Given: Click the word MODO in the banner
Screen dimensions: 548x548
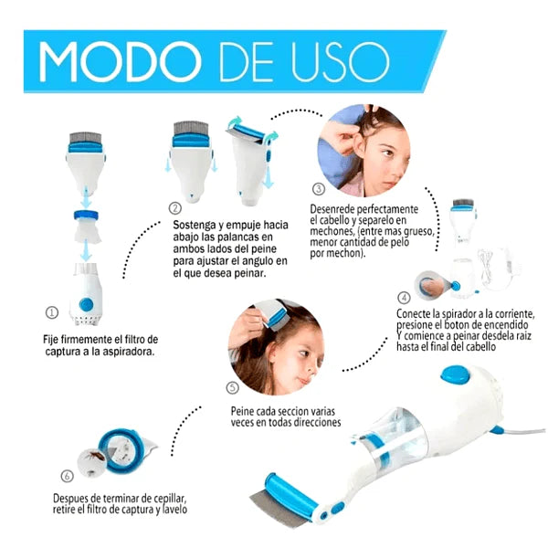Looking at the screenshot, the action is tap(121, 62).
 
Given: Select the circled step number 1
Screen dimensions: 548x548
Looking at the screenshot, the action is tap(52, 312).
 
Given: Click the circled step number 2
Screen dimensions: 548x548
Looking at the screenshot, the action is tap(175, 208).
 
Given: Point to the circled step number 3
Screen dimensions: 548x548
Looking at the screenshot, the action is tap(319, 189).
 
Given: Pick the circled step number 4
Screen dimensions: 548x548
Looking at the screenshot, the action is tap(404, 298).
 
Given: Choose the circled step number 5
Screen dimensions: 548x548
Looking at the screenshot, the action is tap(233, 387).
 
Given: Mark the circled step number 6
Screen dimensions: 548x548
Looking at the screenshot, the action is tap(67, 476).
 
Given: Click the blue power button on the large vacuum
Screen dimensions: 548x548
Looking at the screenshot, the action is tap(456, 374).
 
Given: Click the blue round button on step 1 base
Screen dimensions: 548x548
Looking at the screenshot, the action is tap(86, 304).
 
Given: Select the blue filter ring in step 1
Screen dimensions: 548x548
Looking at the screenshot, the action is tap(86, 215).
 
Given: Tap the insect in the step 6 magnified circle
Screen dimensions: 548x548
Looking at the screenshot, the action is tap(95, 456).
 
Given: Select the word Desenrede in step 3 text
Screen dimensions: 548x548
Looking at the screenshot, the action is tap(332, 209).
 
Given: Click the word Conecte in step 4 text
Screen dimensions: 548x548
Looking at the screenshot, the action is tap(414, 313).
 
